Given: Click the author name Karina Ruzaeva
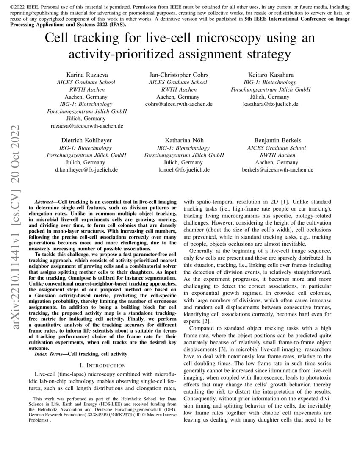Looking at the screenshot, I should pos(86,75).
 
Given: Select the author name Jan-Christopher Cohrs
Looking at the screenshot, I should pos(179,75).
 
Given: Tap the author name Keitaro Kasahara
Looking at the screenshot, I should pos(270,75).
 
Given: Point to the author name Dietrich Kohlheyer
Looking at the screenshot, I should pos(86,140).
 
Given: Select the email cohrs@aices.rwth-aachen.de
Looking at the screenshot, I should pos(179,104).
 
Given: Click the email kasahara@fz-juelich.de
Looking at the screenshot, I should pos(270,104).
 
